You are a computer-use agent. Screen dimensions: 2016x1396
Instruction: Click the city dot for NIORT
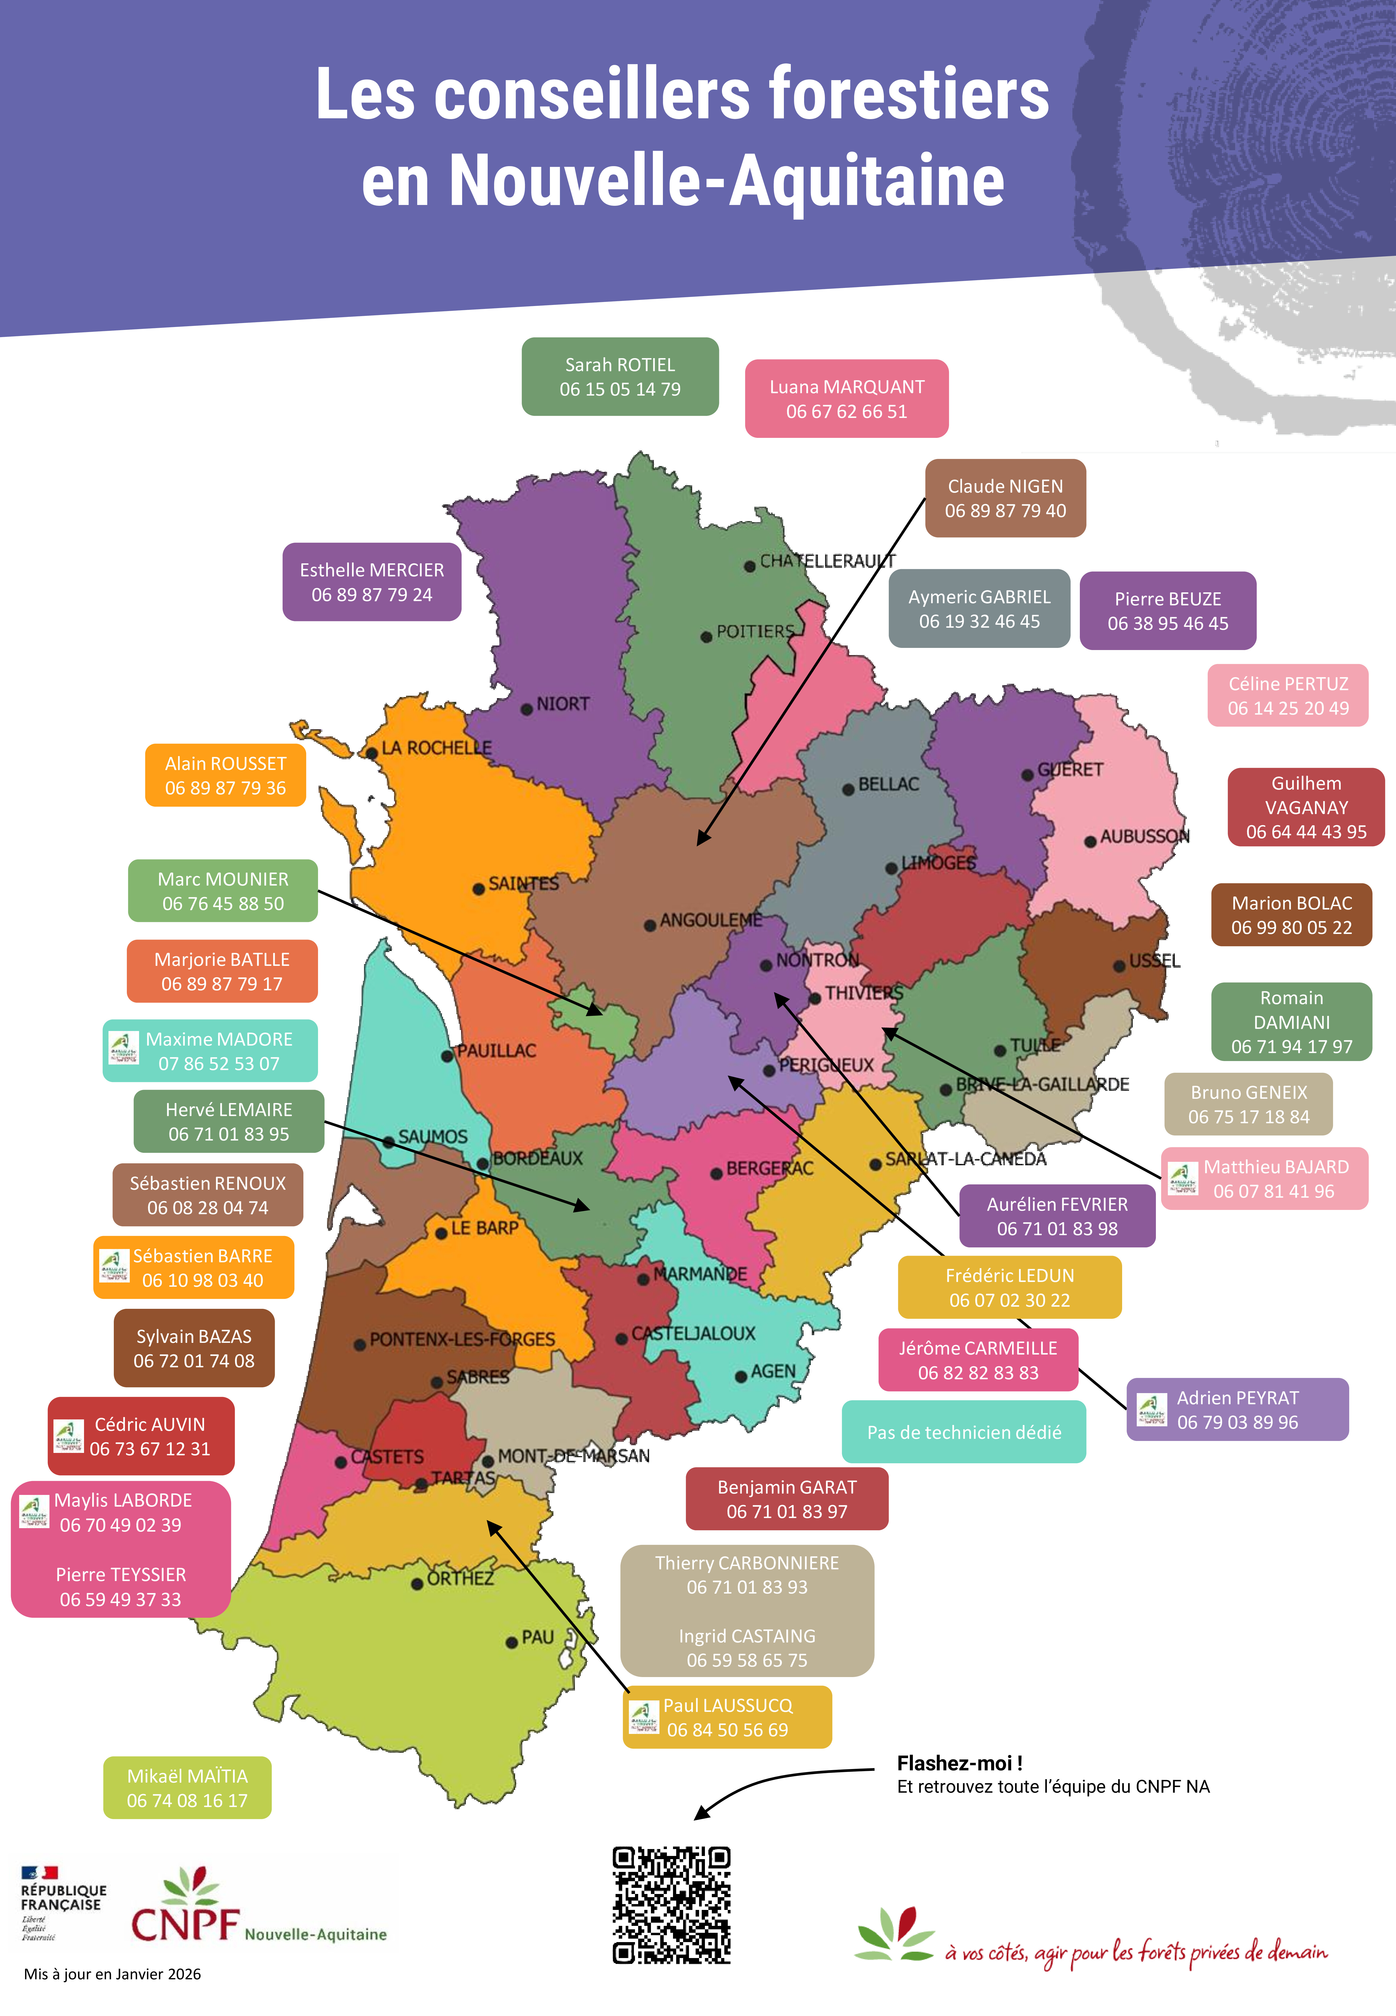(526, 709)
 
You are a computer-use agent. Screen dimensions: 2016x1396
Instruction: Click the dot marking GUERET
(1028, 775)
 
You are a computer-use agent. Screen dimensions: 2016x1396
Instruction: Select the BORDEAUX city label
(537, 1159)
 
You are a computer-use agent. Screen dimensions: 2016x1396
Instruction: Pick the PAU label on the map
(538, 1637)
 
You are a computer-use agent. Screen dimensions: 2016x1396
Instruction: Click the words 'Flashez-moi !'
(960, 1763)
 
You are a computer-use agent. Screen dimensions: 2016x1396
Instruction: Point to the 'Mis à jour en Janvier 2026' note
(113, 1974)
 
